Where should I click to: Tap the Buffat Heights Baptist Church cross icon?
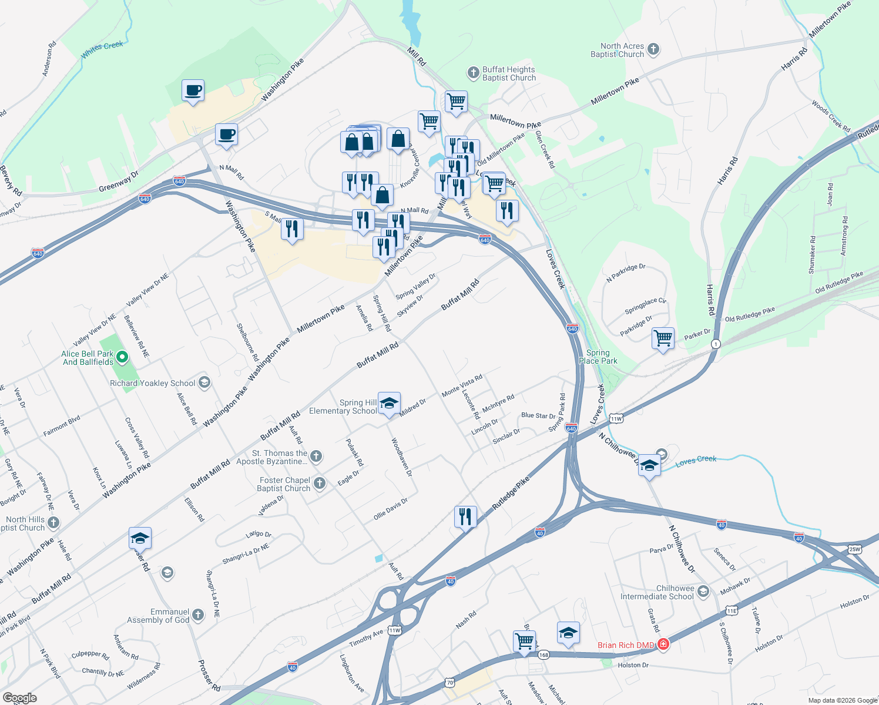[x=473, y=73]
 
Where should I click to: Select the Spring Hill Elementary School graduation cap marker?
[x=389, y=403]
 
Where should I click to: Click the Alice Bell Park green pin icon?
[x=122, y=357]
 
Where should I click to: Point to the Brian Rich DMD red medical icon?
[x=663, y=644]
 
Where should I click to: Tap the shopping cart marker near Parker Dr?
[x=663, y=338]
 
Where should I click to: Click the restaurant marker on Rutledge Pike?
[x=465, y=517]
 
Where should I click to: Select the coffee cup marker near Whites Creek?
[x=193, y=91]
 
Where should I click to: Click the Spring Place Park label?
[x=598, y=357]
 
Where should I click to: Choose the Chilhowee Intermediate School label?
[x=657, y=592]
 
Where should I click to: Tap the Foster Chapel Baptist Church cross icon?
[x=320, y=483]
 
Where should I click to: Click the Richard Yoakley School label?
[x=153, y=383]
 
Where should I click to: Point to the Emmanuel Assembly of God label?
[x=158, y=616]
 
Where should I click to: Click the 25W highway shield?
[x=854, y=549]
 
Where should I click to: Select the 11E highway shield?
[x=731, y=610]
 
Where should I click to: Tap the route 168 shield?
[x=543, y=654]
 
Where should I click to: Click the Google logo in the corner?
[x=20, y=698]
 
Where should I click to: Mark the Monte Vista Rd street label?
[x=462, y=385]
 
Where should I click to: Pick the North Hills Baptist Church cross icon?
[x=53, y=523]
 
